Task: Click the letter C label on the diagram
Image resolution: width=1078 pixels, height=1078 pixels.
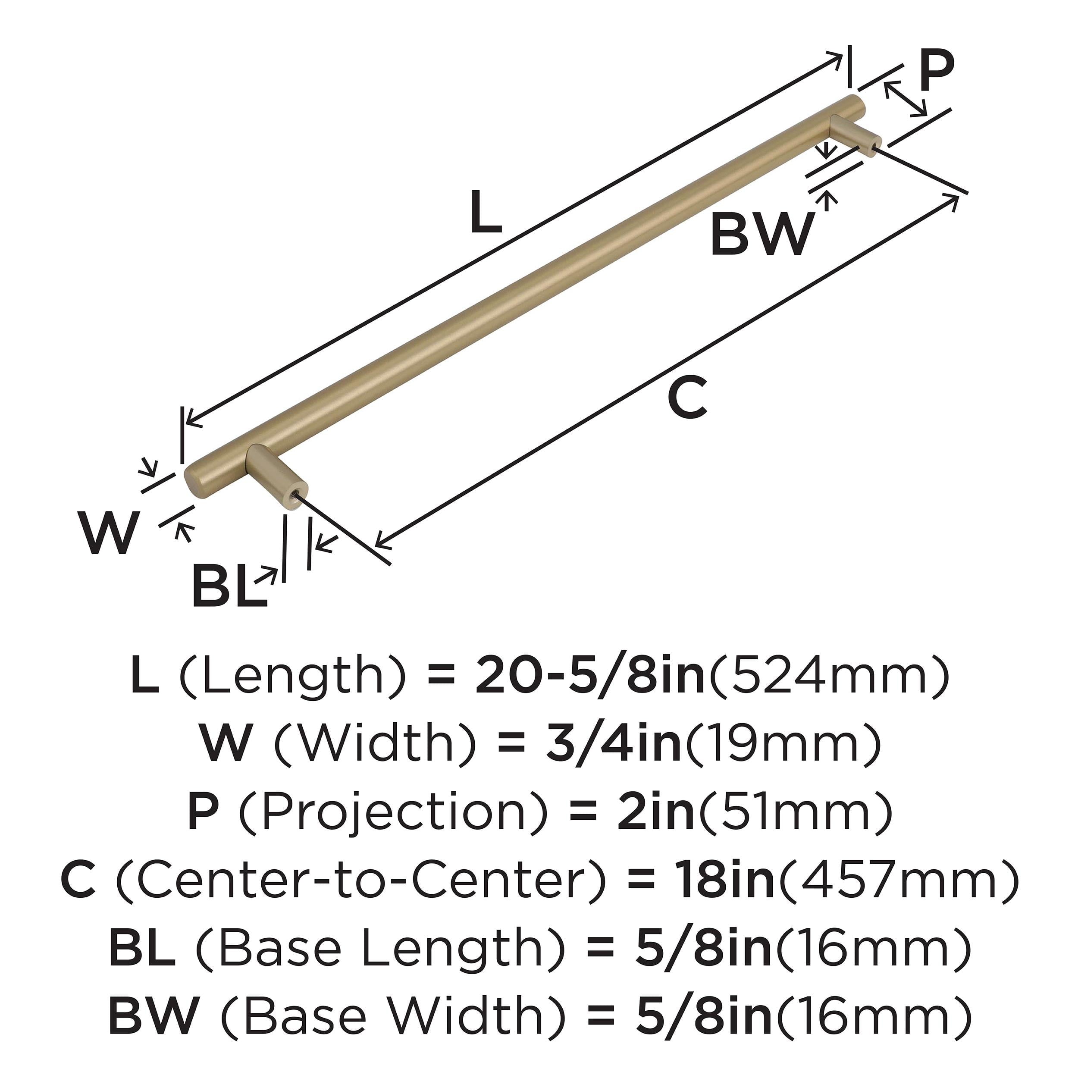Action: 687,397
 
